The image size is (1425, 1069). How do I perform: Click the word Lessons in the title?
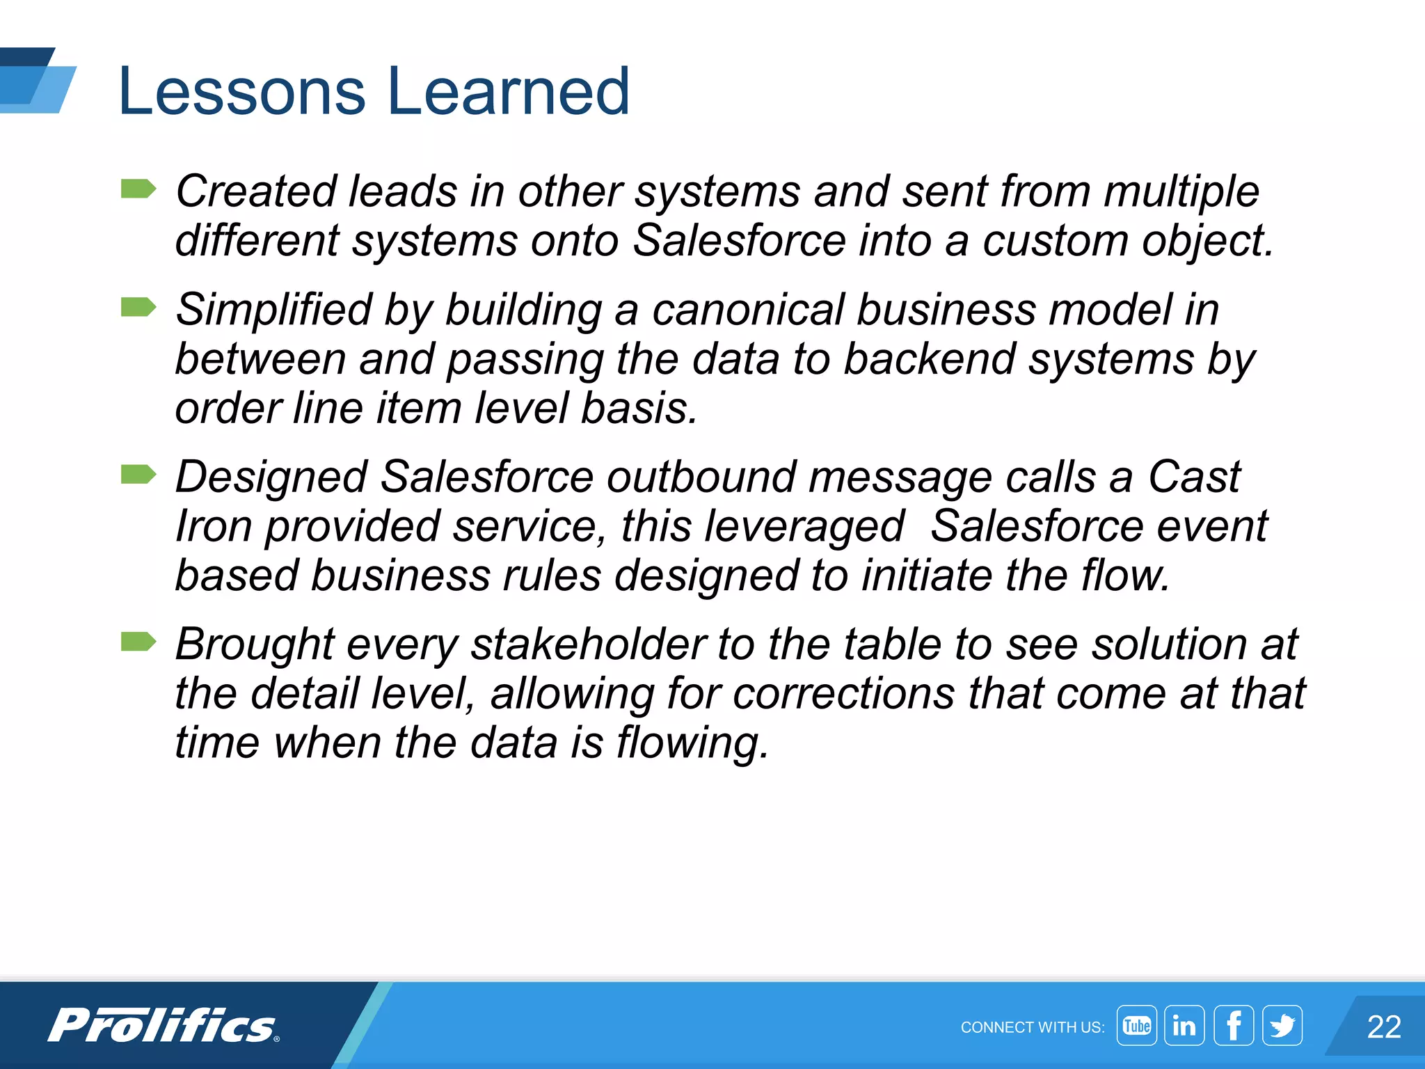241,91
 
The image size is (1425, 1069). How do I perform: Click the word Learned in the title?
509,91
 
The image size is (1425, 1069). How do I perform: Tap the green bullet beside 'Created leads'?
138,189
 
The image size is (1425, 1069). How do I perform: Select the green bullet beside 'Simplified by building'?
138,307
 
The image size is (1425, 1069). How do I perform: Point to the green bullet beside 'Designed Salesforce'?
138,475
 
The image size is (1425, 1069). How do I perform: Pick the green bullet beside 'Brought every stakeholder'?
138,642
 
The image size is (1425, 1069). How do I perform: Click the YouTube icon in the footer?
1136,1026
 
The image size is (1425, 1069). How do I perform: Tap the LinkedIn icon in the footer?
1184,1026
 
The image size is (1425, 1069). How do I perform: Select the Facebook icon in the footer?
1234,1026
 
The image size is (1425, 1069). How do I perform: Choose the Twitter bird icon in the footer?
1282,1026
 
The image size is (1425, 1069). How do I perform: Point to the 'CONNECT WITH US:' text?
1032,1028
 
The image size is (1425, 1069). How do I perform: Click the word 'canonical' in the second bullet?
747,310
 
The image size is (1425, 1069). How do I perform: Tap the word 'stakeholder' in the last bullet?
589,644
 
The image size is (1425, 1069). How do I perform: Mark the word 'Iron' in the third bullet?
213,526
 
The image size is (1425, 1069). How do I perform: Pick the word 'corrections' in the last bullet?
843,694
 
